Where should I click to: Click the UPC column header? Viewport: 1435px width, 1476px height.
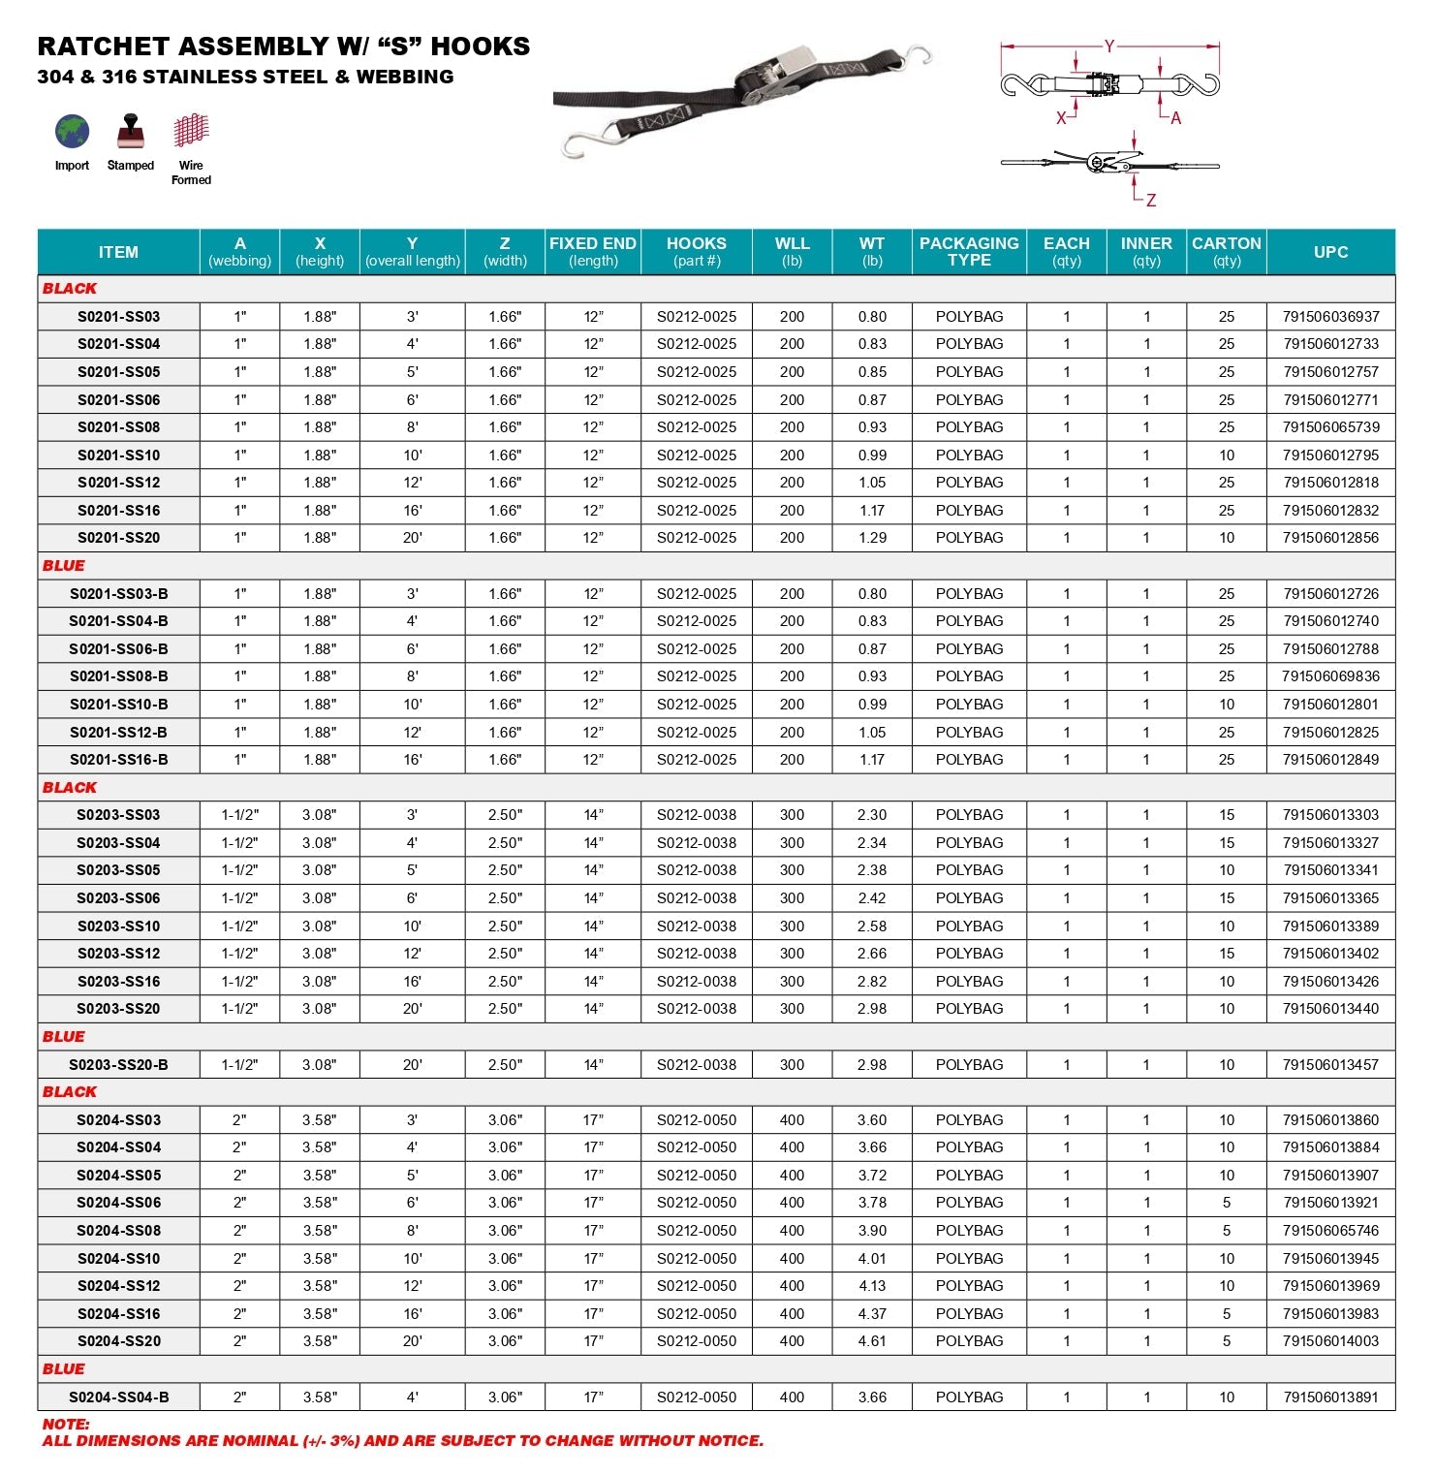[x=1330, y=252]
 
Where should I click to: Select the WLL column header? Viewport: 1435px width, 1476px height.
[x=792, y=251]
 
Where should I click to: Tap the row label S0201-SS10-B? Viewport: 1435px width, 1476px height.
[x=118, y=705]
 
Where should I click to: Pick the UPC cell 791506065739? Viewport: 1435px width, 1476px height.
[x=1330, y=427]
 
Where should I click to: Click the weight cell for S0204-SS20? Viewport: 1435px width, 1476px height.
[x=872, y=1341]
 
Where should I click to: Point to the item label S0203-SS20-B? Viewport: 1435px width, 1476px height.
[x=118, y=1065]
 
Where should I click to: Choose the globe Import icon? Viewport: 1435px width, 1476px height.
[x=72, y=132]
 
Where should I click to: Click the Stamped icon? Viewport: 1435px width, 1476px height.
[x=130, y=132]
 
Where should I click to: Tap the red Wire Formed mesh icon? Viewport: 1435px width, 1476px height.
[x=191, y=130]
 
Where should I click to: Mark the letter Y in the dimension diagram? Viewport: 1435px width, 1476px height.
[x=1109, y=46]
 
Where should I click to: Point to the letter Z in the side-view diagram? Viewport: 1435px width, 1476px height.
[x=1151, y=201]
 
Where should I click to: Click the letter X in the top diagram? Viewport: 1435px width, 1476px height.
[x=1061, y=118]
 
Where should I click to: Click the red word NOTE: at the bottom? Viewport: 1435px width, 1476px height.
[x=66, y=1424]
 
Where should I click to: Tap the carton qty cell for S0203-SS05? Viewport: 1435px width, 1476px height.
[x=1227, y=870]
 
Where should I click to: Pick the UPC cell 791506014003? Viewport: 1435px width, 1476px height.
[x=1330, y=1341]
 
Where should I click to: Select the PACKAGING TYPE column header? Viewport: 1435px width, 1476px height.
[x=969, y=251]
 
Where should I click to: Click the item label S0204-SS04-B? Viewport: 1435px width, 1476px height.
[x=118, y=1397]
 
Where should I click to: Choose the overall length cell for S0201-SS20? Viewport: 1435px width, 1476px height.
[x=413, y=538]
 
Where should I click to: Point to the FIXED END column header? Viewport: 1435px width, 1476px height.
[x=593, y=251]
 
